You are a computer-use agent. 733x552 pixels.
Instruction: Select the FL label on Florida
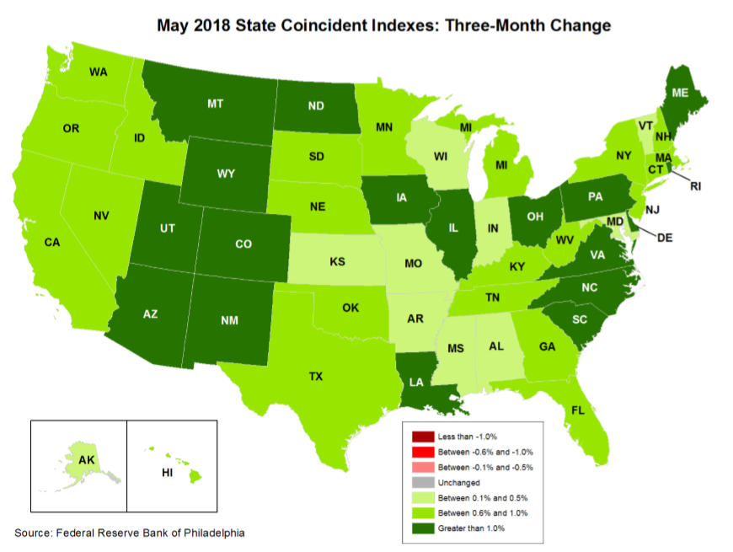[x=576, y=411]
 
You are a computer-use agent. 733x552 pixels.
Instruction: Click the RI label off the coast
[x=695, y=186]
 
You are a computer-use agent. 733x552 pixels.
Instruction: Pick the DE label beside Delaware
[x=665, y=238]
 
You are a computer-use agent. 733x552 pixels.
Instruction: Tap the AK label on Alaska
[x=86, y=460]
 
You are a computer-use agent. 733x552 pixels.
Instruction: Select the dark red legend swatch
[x=422, y=437]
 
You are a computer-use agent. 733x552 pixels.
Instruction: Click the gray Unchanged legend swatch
[x=422, y=483]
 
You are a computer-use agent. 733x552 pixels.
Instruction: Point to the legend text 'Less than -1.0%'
[x=468, y=437]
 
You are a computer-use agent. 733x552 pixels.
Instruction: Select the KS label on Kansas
[x=337, y=262]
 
